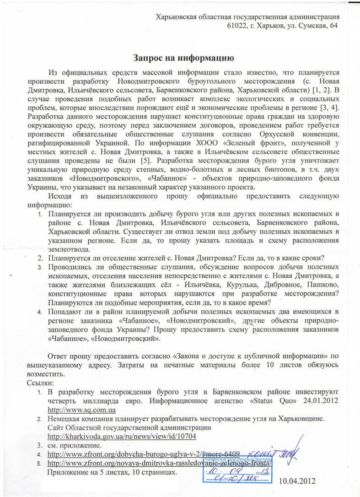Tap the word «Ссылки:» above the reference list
click(x=40, y=383)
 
